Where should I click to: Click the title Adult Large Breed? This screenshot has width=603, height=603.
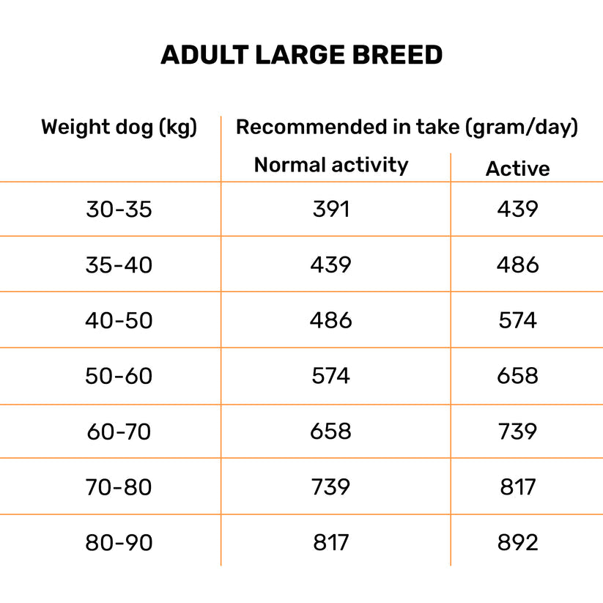(301, 55)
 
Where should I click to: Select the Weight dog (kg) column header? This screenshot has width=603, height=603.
(119, 127)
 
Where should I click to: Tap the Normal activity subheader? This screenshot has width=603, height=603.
(330, 165)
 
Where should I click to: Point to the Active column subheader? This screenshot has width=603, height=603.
(517, 169)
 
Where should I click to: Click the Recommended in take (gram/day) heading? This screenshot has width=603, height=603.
(407, 127)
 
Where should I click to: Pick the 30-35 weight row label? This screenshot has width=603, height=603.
(119, 210)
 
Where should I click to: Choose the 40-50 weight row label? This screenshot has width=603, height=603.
(119, 320)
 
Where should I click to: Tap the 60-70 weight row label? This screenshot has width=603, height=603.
(119, 432)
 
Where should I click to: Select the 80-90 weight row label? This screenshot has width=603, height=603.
(119, 543)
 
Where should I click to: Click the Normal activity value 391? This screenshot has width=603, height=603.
(331, 210)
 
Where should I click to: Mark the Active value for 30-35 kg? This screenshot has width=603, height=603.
(517, 210)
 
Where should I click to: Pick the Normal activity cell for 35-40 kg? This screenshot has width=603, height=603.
(331, 264)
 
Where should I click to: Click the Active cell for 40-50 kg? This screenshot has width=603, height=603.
(517, 320)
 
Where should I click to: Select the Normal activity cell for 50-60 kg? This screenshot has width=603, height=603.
(331, 376)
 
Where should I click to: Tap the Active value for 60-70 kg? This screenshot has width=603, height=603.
(517, 432)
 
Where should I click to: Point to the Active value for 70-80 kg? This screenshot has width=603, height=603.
(517, 487)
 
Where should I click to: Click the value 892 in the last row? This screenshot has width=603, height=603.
(517, 543)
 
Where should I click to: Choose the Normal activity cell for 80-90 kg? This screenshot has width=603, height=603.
(331, 543)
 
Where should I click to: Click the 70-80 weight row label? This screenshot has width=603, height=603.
(119, 487)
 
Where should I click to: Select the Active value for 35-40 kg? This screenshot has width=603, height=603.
(517, 264)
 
